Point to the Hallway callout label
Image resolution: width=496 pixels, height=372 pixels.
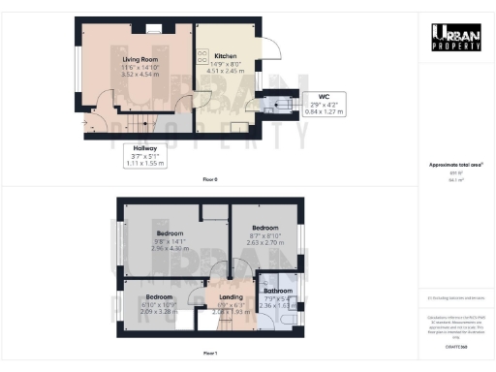(146, 148)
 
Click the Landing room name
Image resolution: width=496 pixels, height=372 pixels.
(232, 296)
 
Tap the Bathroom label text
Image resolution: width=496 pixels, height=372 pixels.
(278, 291)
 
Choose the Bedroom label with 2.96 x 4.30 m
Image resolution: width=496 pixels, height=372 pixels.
(171, 233)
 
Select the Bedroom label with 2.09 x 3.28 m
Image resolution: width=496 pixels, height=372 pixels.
(159, 296)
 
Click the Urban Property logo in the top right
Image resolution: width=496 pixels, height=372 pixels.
(457, 37)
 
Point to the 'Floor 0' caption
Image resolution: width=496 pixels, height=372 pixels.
(210, 180)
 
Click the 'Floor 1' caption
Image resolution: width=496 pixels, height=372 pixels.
(210, 353)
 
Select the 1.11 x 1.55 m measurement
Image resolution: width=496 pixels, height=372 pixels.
(146, 164)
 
